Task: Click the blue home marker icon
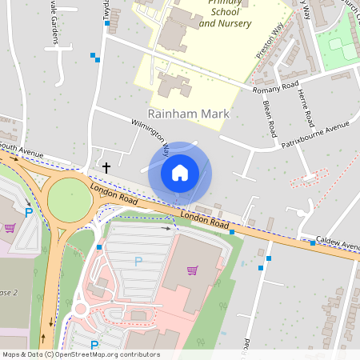coord(180,172)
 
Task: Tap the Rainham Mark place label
coord(189,114)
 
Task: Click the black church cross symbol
coord(106,167)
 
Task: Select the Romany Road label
coord(275,87)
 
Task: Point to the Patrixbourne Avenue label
coord(316,130)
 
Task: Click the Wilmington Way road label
coord(150,137)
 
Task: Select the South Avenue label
coord(21,149)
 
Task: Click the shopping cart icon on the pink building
coord(192,270)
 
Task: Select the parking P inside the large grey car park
coord(138,261)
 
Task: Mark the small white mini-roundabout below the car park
coord(80,309)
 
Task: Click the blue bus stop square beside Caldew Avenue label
coord(312,242)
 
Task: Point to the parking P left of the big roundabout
coord(29,212)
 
